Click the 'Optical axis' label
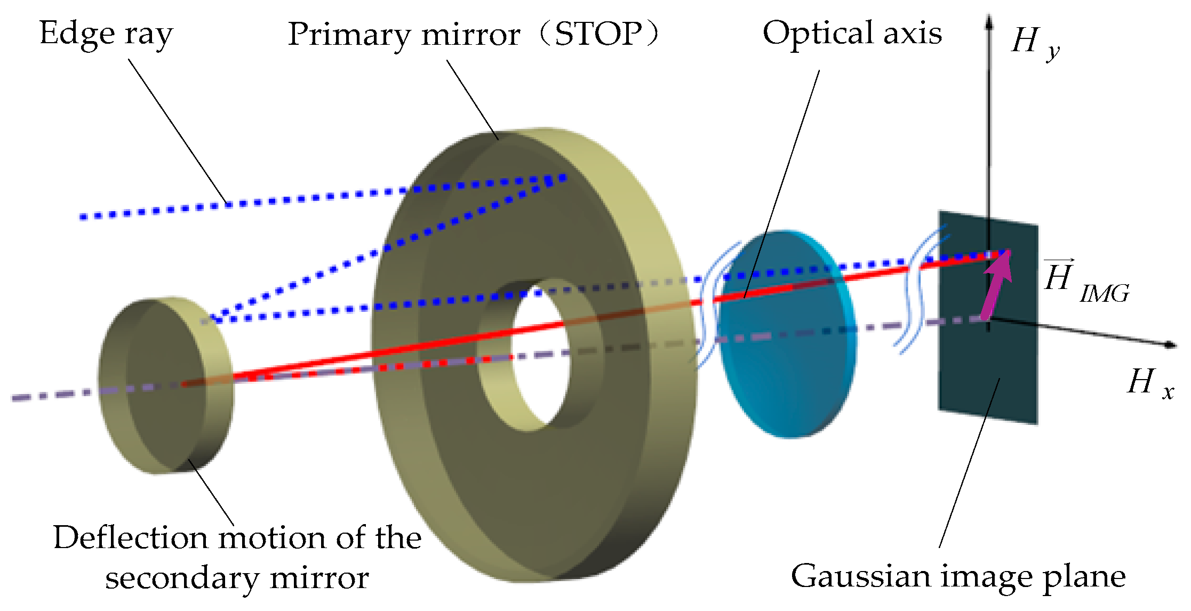852,33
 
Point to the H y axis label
1034,43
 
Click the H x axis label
1150,383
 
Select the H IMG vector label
1085,282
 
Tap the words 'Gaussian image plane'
958,577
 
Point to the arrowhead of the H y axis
989,21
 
